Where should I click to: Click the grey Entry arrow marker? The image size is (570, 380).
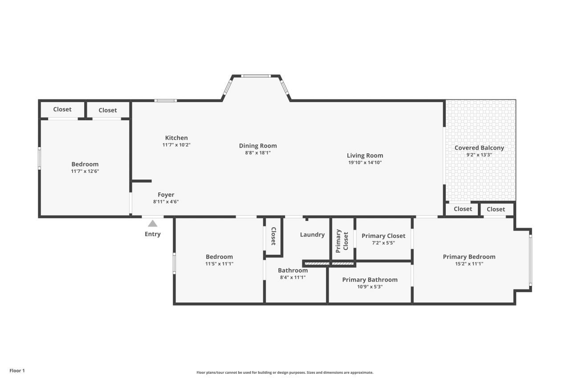[x=153, y=224]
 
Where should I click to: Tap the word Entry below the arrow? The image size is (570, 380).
[x=153, y=234]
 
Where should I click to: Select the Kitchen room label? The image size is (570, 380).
[x=176, y=138]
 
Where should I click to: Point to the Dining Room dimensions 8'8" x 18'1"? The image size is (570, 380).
[x=258, y=152]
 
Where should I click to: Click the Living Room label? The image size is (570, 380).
[x=365, y=155]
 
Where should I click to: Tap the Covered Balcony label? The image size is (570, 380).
[x=479, y=148]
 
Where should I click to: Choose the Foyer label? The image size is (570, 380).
[x=166, y=195]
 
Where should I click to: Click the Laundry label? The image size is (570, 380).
[x=312, y=234]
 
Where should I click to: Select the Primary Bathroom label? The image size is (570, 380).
[x=370, y=280]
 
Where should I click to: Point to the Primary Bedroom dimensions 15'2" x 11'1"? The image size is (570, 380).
[x=469, y=264]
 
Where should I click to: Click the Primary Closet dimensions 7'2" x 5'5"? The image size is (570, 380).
[x=383, y=243]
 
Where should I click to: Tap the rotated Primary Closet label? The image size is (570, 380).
[x=342, y=241]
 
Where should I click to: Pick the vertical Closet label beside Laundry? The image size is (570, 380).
[x=273, y=237]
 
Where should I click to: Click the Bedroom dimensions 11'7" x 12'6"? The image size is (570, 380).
[x=85, y=171]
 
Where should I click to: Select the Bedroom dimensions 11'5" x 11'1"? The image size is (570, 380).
[x=219, y=264]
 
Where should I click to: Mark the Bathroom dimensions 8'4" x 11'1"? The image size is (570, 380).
[x=293, y=277]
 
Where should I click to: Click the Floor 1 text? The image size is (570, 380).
[x=17, y=371]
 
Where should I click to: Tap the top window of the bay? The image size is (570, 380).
[x=256, y=76]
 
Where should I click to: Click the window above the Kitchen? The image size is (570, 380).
[x=166, y=100]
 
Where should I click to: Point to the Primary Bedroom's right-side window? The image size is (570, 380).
[x=530, y=260]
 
